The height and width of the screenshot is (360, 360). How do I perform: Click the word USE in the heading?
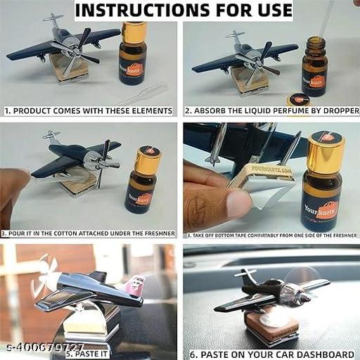point(271,11)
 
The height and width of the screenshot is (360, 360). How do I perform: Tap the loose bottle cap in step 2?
point(298,99)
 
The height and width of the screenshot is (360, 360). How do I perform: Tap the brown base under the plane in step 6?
point(269,323)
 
